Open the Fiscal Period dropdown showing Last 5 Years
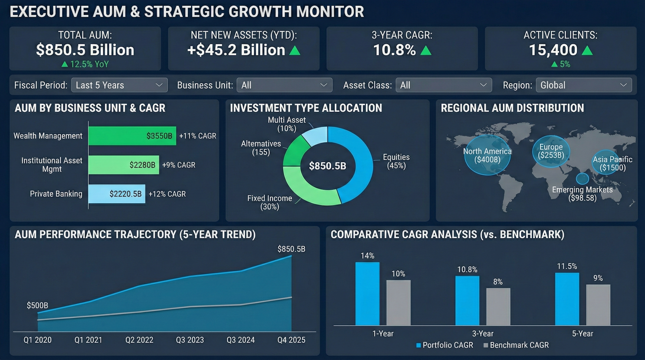pos(119,85)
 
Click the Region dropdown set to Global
pos(583,85)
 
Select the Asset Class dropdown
pos(443,85)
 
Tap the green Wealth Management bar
pos(132,136)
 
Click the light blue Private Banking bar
pos(116,194)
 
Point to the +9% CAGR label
pos(179,165)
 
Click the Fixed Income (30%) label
pos(269,203)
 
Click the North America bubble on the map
pos(487,156)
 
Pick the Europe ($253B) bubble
pos(551,151)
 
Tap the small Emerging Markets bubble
pos(582,178)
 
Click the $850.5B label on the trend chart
pos(291,249)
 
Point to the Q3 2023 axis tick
pos(190,340)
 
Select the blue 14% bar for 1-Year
pos(367,294)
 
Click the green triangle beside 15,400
pos(587,50)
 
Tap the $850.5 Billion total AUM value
pos(85,50)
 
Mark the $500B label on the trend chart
pos(37,305)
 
